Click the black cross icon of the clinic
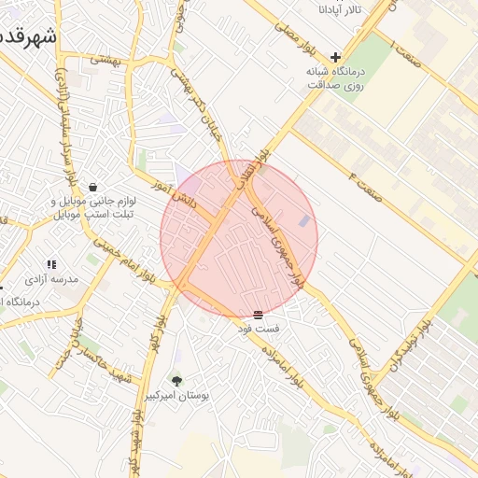336,57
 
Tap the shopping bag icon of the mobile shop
91,186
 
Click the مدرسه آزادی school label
52,279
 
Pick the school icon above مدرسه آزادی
52,264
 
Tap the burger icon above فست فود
258,315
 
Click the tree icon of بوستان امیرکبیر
176,381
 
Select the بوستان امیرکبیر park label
176,397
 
